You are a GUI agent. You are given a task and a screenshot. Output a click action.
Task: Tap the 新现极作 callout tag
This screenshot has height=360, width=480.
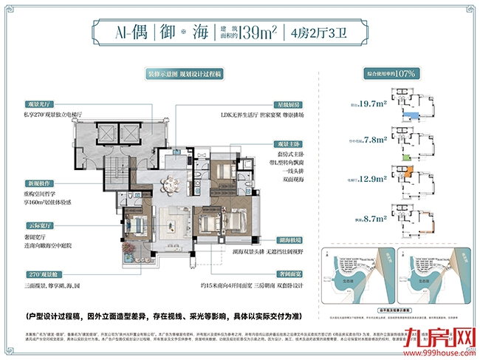click(60, 182)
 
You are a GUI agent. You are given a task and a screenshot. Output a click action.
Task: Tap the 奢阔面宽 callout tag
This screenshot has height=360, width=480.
click(286, 273)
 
